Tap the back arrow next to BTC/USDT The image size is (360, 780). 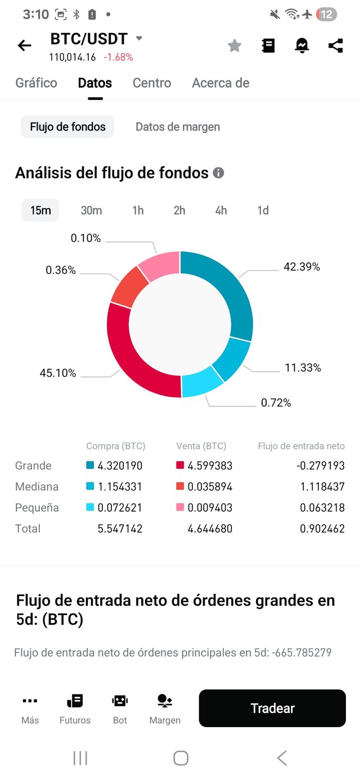25,46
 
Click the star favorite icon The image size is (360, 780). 235,46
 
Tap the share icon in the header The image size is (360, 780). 336,46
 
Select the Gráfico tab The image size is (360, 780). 36,83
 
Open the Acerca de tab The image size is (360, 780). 220,83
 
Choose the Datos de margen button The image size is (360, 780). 178,127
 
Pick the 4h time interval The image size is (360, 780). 221,210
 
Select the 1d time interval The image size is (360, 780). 263,210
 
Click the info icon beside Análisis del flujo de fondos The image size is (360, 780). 218,173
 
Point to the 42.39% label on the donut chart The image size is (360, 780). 301,267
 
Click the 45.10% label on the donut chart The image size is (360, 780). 57,373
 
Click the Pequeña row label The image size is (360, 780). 37,508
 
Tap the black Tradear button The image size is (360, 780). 272,709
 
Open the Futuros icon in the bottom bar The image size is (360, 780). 75,708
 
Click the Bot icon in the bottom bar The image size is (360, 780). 120,708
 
